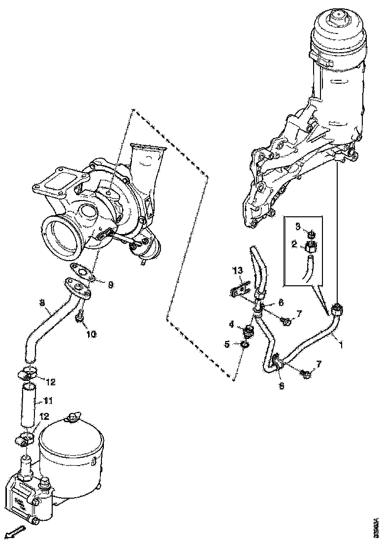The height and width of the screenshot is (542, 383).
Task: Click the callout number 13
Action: click(x=238, y=271)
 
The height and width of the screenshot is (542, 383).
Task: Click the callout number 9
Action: click(x=111, y=284)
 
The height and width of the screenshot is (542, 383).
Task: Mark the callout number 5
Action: click(x=227, y=344)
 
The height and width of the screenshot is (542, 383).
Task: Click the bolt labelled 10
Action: click(x=79, y=320)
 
